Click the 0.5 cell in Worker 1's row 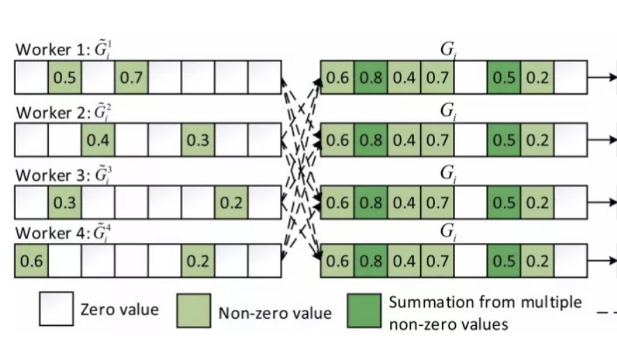[65, 77]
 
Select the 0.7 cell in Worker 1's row [131, 77]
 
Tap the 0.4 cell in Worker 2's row [98, 140]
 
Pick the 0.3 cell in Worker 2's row [198, 140]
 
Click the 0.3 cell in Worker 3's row [65, 202]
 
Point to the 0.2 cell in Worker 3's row [232, 202]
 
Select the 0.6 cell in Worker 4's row [31, 262]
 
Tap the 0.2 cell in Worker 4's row [198, 262]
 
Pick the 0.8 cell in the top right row [370, 77]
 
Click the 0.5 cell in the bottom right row [504, 262]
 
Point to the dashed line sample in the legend [607, 312]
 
